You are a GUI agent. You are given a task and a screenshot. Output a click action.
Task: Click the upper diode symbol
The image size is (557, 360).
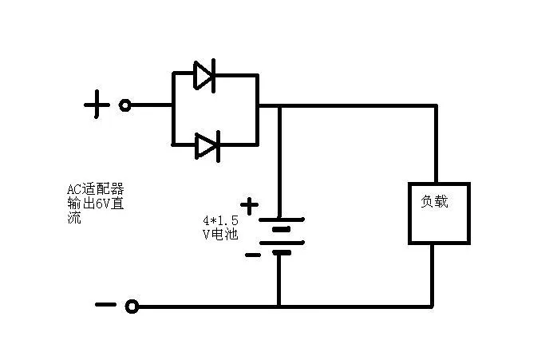pos(205,75)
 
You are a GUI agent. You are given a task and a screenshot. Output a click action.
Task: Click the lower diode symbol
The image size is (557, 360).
pos(206,145)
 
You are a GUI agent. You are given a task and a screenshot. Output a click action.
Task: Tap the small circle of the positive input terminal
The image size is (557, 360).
pos(124,105)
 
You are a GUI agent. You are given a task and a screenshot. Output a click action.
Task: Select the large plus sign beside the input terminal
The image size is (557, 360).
pos(97,105)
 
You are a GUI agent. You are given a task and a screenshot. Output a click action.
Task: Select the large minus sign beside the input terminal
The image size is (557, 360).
pos(105,304)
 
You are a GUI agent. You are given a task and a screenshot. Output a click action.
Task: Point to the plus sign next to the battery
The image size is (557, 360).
pos(250,206)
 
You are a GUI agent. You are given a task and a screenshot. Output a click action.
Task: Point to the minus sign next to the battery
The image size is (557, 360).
pos(251,255)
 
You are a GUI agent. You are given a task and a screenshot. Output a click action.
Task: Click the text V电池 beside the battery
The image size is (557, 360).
pos(220,234)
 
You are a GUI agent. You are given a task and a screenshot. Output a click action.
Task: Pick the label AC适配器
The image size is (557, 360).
pos(95,190)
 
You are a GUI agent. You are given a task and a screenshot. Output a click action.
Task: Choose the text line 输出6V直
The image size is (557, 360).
pos(95,203)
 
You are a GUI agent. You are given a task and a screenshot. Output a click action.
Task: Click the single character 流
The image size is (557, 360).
pos(74,216)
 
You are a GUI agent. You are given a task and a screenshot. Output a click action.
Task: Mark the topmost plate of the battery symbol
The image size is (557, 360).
pos(279,220)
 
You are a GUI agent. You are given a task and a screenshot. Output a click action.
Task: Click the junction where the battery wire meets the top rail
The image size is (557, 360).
pos(279,105)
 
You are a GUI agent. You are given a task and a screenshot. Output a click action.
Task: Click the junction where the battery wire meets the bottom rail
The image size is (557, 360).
pos(279,306)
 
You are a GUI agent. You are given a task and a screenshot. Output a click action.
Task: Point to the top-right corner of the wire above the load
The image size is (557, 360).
pos(436,105)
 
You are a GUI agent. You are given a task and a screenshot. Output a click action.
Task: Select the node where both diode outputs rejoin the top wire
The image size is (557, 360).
pos(258,105)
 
